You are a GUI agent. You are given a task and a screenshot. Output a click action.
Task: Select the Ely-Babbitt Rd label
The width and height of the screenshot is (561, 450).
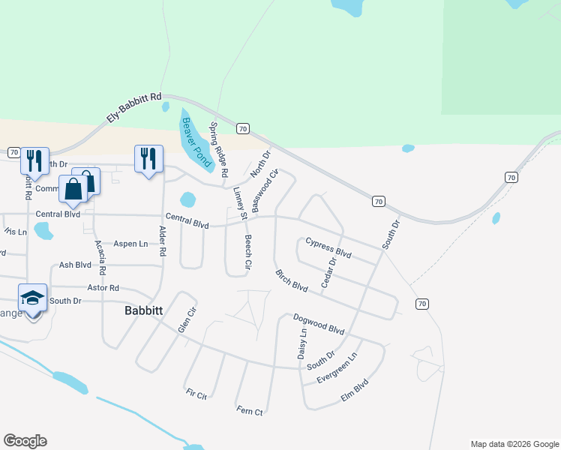point(134,108)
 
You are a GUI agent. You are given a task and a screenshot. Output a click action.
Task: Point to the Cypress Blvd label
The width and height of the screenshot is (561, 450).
point(328,247)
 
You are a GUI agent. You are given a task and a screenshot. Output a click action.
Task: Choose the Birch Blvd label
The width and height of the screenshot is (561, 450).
point(292,281)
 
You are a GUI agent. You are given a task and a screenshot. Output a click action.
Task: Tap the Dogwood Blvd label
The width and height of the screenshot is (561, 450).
point(318,324)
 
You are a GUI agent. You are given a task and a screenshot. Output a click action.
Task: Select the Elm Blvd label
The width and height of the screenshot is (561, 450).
point(355,391)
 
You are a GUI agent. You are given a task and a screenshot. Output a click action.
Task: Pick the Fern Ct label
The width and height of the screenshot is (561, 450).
point(250,412)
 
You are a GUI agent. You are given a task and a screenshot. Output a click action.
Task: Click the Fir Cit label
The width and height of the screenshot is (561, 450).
point(196,394)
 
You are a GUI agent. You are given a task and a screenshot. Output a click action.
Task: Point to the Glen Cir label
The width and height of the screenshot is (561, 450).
point(187,320)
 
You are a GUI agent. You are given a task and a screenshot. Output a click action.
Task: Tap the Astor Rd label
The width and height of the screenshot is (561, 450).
point(103,288)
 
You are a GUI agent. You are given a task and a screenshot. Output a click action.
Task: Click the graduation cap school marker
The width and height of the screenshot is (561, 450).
point(33,298)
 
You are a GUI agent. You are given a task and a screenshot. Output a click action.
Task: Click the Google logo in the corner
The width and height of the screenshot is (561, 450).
point(25,441)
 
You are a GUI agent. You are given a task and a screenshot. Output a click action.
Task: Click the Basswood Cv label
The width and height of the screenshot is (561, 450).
point(265,190)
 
